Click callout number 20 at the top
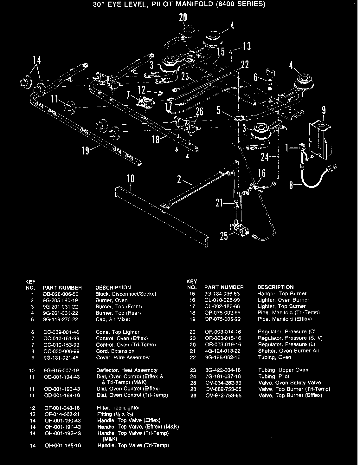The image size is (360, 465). pos(183,18)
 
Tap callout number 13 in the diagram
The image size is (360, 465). pos(247,46)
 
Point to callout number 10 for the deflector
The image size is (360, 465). pos(130,179)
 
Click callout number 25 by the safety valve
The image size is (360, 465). pos(224,236)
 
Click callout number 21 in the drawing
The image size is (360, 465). pos(220,203)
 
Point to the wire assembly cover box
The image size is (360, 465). pos(320,140)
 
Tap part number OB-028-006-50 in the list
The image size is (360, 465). pos(61,294)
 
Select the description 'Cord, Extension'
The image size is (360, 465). pos(115,351)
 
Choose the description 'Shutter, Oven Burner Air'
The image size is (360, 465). pos(288,351)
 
